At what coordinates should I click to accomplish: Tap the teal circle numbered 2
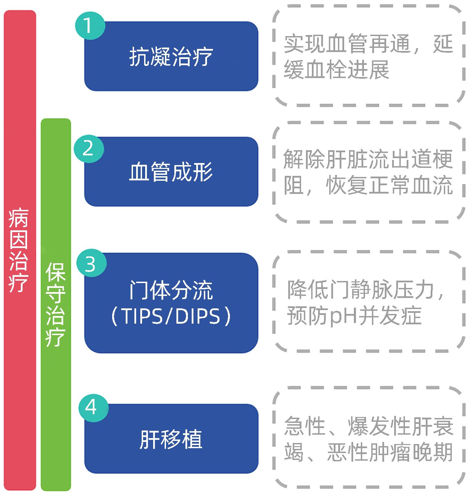89,149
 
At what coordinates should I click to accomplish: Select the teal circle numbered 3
91,264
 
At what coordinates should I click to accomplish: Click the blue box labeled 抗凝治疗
171,57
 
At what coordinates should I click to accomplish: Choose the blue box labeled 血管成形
171,172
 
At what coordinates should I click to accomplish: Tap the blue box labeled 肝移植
171,439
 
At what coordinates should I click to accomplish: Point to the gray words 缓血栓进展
337,70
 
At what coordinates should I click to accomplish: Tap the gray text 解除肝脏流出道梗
368,159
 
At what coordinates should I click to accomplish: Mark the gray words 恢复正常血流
389,186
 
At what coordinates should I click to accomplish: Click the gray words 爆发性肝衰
400,426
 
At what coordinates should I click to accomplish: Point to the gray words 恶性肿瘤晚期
390,452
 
